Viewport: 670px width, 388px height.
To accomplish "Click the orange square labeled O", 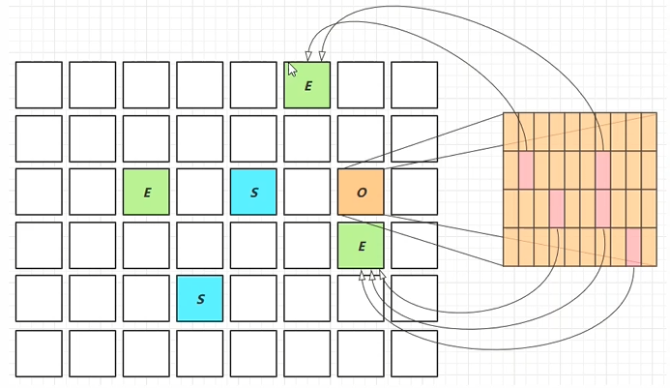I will coord(361,192).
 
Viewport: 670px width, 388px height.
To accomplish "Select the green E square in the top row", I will coord(307,85).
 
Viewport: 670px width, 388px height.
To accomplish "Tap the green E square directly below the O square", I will coord(361,246).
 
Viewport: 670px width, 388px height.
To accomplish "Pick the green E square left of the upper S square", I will coord(146,192).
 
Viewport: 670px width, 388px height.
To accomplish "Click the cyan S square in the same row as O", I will coord(253,192).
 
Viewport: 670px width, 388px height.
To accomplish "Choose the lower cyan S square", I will coord(200,298).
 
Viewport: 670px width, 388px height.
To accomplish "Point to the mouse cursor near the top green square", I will coord(292,69).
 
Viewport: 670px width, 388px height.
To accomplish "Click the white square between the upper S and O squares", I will coord(307,192).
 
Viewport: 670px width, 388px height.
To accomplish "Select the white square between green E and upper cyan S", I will coord(200,192).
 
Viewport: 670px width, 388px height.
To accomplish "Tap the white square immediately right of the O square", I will coord(415,192).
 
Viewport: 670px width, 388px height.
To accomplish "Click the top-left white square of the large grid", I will coord(39,85).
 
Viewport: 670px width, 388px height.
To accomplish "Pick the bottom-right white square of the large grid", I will coord(415,353).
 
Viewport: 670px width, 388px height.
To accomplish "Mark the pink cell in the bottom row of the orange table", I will coord(633,247).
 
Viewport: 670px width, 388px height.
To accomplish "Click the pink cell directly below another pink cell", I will coord(602,208).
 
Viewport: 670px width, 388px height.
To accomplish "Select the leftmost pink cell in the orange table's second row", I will coord(526,170).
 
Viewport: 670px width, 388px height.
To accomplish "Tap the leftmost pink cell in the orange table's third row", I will coord(557,208).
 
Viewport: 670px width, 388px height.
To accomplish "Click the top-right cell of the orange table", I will coord(649,132).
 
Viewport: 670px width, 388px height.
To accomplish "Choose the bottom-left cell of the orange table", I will coord(510,247).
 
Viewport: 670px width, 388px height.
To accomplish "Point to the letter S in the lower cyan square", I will coord(200,299).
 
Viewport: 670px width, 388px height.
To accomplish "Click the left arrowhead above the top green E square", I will coord(308,56).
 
